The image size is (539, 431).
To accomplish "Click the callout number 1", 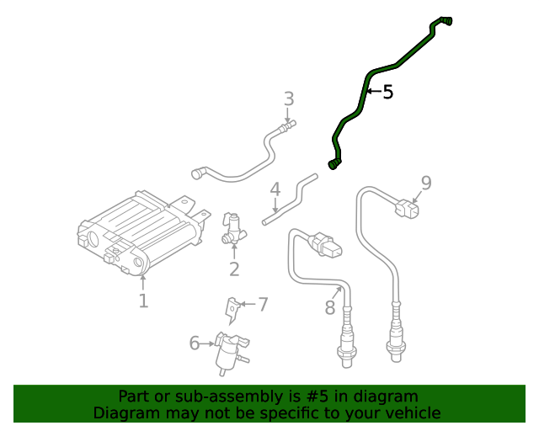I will [143, 301].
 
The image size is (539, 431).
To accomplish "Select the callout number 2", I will [234, 269].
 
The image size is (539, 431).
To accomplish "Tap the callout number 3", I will [289, 99].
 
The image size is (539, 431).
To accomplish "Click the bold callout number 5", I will [387, 93].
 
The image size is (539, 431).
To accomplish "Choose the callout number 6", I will [195, 343].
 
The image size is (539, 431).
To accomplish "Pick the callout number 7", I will [263, 304].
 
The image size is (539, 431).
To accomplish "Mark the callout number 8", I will [330, 308].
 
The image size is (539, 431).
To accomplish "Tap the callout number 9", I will [426, 183].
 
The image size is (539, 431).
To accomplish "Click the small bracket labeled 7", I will [231, 310].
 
